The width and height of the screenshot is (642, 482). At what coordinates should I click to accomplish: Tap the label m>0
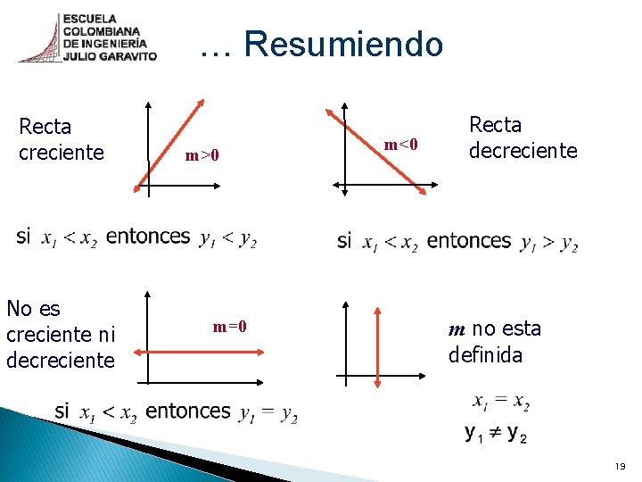[202, 156]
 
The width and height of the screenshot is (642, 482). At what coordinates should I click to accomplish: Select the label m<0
[400, 143]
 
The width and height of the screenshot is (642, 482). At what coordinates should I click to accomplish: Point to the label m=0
[229, 327]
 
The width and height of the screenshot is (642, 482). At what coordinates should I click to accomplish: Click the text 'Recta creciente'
[61, 139]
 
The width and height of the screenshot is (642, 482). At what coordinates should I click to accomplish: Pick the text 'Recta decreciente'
[523, 137]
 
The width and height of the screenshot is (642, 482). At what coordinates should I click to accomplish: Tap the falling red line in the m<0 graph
[374, 146]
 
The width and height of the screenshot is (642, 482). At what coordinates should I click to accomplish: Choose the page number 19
[620, 467]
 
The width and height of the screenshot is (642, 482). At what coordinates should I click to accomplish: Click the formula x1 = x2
[501, 403]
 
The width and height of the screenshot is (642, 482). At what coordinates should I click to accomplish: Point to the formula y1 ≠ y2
[496, 434]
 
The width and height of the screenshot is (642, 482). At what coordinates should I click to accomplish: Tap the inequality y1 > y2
[548, 243]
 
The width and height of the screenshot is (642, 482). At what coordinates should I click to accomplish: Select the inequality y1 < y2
[228, 239]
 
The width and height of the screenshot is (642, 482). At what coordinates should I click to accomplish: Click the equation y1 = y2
[268, 413]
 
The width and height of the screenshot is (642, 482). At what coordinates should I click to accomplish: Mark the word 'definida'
[485, 355]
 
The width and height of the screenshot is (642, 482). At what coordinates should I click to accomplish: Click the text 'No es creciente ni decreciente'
[61, 335]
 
